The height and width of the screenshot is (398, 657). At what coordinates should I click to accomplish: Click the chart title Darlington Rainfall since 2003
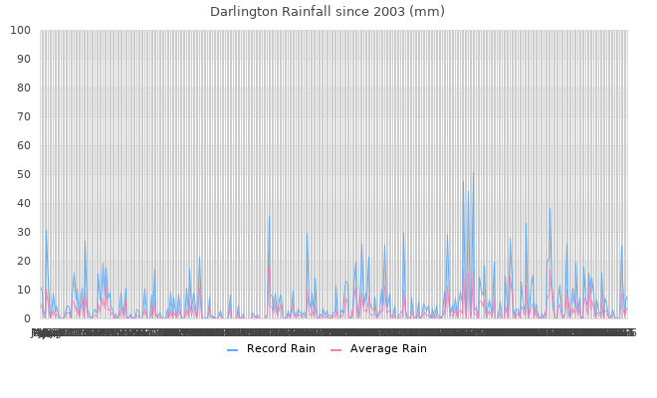[x=328, y=12]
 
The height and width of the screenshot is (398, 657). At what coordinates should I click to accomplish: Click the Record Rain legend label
[x=282, y=348]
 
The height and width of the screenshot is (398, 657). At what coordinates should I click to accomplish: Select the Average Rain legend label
[x=388, y=348]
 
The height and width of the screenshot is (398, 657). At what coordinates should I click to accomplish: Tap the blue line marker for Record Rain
[x=232, y=349]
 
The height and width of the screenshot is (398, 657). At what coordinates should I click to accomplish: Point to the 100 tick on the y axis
[x=20, y=31]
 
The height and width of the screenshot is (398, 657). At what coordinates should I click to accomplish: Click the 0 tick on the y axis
[x=26, y=319]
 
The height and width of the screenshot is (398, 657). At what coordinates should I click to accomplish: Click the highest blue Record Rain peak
[x=473, y=172]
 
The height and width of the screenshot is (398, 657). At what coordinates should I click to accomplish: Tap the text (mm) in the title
[x=430, y=12]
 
